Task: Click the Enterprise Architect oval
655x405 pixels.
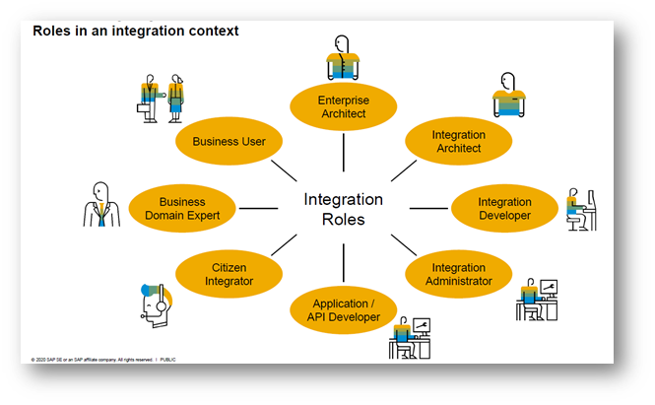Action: coord(342,107)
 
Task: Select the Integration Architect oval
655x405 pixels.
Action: coord(458,142)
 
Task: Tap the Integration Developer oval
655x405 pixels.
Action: coord(504,209)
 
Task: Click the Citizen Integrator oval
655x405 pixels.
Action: coord(229,274)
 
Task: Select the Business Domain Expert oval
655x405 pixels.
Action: coord(182,209)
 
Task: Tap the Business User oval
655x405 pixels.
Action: coord(229,141)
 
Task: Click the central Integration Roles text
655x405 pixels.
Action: coord(343,209)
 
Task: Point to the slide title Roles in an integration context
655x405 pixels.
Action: coord(136,31)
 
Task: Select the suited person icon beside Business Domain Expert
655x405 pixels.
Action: coord(99,203)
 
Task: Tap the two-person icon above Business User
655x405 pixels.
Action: coord(161,101)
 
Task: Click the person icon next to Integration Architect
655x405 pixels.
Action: coord(505,96)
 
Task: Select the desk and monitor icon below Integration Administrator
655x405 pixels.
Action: coord(536,299)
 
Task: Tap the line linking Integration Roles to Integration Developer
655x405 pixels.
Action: coord(428,208)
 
